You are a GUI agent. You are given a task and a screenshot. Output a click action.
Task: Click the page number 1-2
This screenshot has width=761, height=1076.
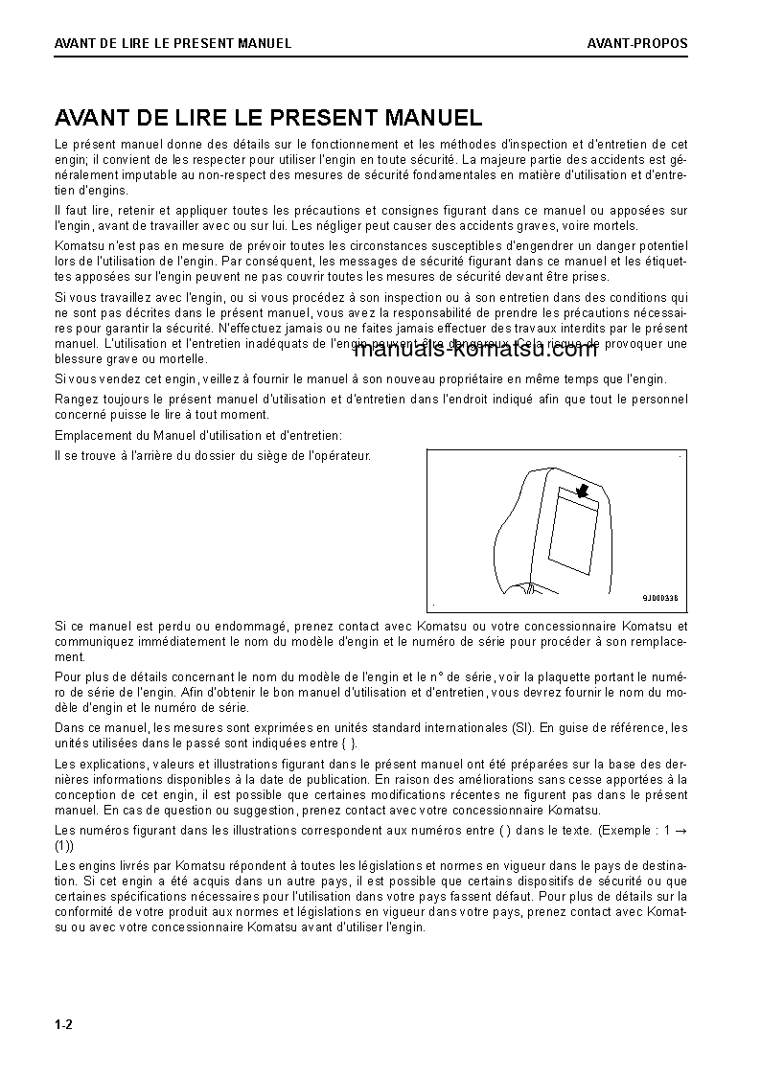point(63,1025)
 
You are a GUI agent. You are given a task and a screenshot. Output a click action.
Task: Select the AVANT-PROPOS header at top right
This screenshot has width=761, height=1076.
point(637,43)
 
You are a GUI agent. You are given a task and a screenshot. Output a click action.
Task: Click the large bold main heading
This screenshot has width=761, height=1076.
point(268,118)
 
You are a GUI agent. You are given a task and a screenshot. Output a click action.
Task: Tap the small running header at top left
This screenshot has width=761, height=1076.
point(173,43)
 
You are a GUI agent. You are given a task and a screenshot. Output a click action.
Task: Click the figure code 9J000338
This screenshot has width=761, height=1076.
point(659,597)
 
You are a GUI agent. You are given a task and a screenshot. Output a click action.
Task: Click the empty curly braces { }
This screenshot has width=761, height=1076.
point(331,742)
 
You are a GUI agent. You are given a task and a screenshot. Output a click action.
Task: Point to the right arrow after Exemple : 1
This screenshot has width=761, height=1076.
point(680,829)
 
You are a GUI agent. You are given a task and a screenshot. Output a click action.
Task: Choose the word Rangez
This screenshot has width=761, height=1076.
point(75,399)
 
